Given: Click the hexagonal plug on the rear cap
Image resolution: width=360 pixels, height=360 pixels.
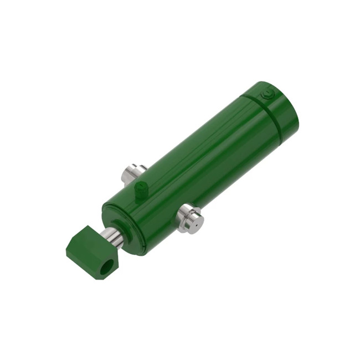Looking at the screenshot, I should click(x=269, y=95).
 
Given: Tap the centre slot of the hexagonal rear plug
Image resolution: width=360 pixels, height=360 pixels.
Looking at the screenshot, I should click(x=269, y=95).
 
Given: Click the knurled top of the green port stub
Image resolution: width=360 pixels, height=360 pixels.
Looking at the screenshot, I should click(x=141, y=185).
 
